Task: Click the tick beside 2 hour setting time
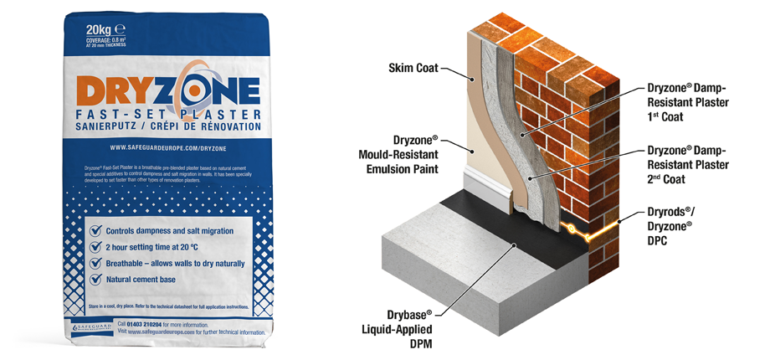(x=97, y=247)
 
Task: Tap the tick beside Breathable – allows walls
(x=97, y=263)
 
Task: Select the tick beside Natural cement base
(x=97, y=279)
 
